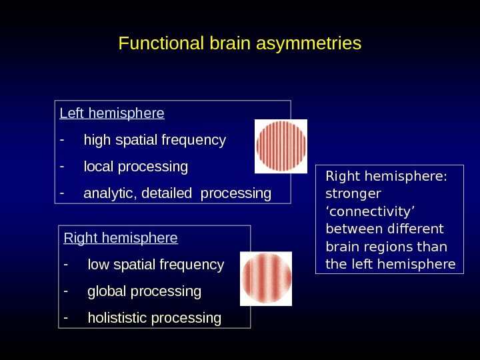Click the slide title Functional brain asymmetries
tap(239, 43)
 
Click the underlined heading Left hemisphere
tap(112, 113)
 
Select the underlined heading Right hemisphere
tap(121, 238)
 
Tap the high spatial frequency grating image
tap(281, 146)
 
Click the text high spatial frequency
tap(155, 140)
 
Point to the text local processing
tap(135, 166)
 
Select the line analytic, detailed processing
tap(177, 193)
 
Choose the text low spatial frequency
tap(156, 265)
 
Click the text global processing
tap(144, 291)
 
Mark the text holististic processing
tap(154, 318)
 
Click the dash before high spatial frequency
tap(62, 140)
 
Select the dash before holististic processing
tap(65, 318)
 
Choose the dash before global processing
tap(65, 291)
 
